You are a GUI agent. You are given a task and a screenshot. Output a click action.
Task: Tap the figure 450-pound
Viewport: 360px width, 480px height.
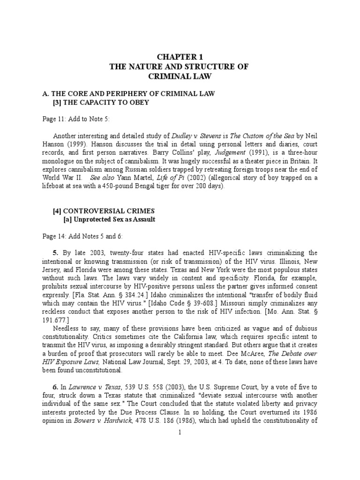click(x=125, y=187)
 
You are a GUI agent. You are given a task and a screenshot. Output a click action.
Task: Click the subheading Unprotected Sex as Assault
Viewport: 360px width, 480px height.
click(x=114, y=220)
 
